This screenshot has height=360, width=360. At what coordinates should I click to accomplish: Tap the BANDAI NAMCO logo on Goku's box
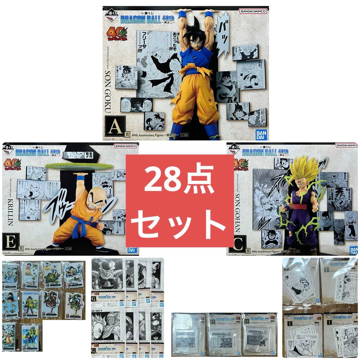(253, 11)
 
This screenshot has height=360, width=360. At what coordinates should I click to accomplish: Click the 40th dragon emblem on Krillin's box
(13, 164)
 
